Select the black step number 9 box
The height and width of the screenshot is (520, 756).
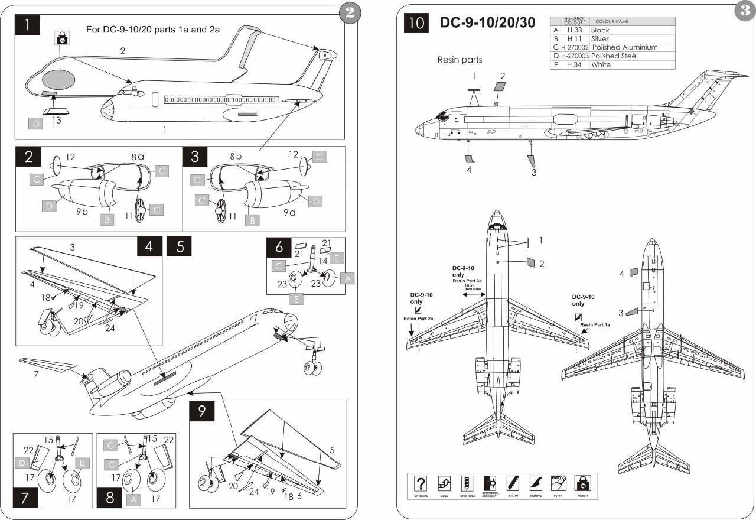pos(202,411)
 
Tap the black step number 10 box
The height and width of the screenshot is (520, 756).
pos(416,24)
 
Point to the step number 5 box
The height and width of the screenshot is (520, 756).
pos(180,246)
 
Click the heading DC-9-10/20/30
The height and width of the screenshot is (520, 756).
pos(487,23)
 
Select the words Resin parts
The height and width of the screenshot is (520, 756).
pos(460,60)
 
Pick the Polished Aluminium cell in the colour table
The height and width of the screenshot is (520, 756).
pos(624,47)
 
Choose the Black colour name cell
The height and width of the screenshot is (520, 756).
pos(600,30)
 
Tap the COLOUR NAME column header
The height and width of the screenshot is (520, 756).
pos(612,21)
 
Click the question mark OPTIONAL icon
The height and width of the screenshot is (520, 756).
pos(421,483)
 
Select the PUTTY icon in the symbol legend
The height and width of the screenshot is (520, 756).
pos(558,483)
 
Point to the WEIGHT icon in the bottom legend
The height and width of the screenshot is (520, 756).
pos(583,483)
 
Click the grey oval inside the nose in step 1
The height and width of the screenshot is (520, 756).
pos(58,79)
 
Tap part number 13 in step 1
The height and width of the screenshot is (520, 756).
pos(56,121)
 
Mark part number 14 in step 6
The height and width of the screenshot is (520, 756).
pos(323,261)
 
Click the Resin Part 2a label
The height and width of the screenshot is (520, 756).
pos(418,318)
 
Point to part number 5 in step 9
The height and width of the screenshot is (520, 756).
pos(332,450)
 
